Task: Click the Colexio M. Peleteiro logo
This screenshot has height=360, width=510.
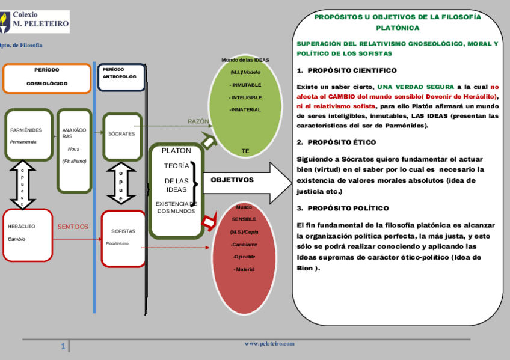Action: click(34, 22)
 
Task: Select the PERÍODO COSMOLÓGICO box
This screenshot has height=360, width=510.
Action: click(47, 78)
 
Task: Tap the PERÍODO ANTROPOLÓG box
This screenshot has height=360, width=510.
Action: click(121, 77)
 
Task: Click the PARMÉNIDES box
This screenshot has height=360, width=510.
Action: click(29, 135)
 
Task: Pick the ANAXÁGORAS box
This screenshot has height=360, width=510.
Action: click(74, 149)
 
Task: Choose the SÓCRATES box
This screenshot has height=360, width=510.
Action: click(121, 134)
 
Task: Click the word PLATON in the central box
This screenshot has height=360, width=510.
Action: click(176, 151)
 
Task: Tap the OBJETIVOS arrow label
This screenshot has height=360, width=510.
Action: click(232, 180)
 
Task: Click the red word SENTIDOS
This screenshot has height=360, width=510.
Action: click(73, 227)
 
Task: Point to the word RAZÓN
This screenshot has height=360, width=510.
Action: click(198, 121)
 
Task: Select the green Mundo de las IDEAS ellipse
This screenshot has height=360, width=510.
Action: click(245, 105)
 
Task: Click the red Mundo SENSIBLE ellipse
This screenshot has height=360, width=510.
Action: click(245, 258)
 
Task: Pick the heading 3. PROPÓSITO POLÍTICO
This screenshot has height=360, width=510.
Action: click(343, 208)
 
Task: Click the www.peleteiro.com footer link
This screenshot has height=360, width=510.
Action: click(269, 344)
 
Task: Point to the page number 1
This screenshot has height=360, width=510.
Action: click(63, 347)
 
